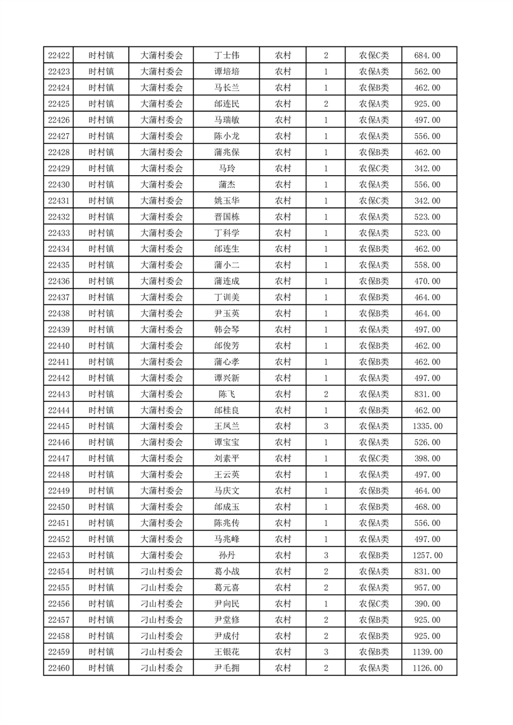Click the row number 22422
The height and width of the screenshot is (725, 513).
pyautogui.click(x=59, y=56)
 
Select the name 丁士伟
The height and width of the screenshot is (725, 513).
pyautogui.click(x=226, y=56)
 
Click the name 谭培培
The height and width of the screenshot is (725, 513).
pyautogui.click(x=226, y=72)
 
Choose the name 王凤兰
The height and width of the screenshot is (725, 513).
pyautogui.click(x=226, y=426)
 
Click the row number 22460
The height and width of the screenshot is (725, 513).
pyautogui.click(x=59, y=668)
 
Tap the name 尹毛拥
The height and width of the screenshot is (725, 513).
pyautogui.click(x=226, y=668)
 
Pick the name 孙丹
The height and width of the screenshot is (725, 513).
pyautogui.click(x=226, y=555)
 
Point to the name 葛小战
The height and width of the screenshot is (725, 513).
pyautogui.click(x=226, y=571)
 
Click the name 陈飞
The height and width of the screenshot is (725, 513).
pyautogui.click(x=226, y=394)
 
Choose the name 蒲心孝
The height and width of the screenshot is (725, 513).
pyautogui.click(x=226, y=362)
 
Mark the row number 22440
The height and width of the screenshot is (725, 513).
pyautogui.click(x=59, y=346)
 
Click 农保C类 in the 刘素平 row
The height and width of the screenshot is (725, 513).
pyautogui.click(x=374, y=459)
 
